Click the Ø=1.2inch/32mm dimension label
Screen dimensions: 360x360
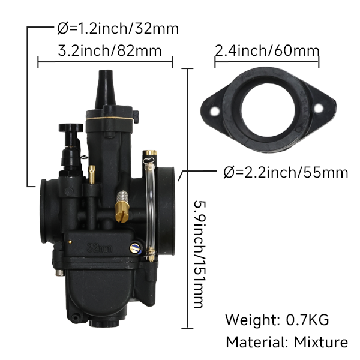coord(118,28)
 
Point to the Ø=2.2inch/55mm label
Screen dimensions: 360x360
coord(286,173)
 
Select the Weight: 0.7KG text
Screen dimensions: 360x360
coord(277,319)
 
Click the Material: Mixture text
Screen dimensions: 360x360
coord(286,342)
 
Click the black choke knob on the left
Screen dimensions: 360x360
coord(70,128)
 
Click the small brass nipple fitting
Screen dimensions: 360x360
coord(92,174)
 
